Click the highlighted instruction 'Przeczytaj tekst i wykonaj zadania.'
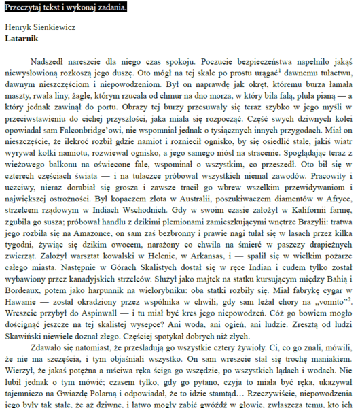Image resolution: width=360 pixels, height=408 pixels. pos(65,7)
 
